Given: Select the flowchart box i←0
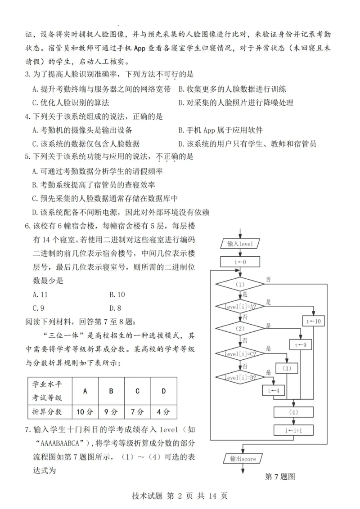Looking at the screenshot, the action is pos(240,261).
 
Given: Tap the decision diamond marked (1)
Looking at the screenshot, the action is pos(240,284).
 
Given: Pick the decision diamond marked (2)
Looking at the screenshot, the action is pos(240,329).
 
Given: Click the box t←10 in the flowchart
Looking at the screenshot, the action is pos(314,321).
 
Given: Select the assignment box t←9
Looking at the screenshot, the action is pos(301,345).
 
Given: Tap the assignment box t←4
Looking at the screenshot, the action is pos(274,391).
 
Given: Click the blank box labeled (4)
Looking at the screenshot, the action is pos(293,412).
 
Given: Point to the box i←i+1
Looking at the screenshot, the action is pos(293,430).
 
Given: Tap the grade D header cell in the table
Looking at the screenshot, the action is pos(164,391).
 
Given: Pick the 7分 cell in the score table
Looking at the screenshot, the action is pos(137,411).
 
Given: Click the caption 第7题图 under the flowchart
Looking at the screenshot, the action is pos(279,477).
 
